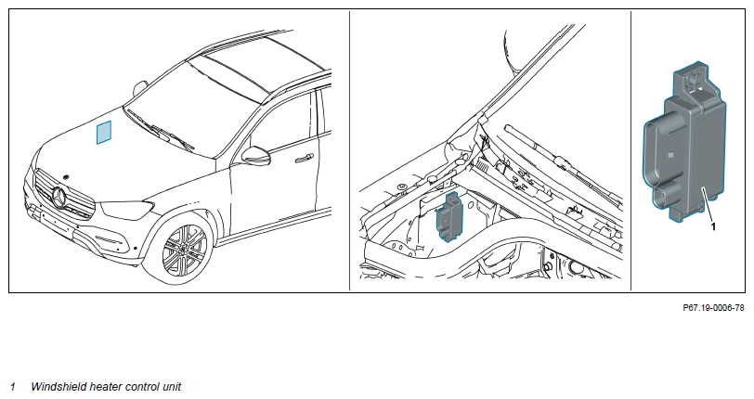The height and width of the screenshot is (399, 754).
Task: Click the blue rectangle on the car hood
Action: [x=104, y=132]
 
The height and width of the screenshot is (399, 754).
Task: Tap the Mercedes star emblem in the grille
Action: [x=60, y=197]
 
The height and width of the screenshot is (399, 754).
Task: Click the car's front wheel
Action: [x=182, y=247]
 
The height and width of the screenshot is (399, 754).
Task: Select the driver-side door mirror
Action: [x=256, y=156]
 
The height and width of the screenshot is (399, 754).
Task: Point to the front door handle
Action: [x=305, y=158]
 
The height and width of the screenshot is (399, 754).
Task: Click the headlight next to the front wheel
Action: [x=127, y=209]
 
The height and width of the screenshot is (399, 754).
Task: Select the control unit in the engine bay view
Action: [x=448, y=216]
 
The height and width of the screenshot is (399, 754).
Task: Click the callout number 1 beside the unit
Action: [x=713, y=225]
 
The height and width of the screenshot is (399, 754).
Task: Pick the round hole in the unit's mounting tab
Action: [x=693, y=77]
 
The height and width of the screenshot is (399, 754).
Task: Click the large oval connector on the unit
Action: [x=654, y=153]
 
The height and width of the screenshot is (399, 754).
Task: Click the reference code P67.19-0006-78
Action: [x=713, y=307]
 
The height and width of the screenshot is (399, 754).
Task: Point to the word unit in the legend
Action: [x=172, y=387]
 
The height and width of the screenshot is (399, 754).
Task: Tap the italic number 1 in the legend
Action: [x=13, y=387]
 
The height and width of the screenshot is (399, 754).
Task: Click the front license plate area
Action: [x=57, y=224]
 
